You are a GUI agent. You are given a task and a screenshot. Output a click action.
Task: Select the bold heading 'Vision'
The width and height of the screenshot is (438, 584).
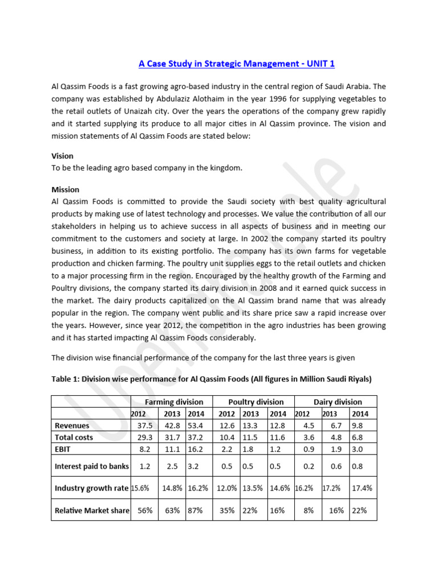tap(62, 156)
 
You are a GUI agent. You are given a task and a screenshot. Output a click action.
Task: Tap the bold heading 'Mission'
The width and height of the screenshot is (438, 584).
tap(66, 189)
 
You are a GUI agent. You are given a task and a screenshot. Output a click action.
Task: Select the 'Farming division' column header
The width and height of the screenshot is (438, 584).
tap(171, 401)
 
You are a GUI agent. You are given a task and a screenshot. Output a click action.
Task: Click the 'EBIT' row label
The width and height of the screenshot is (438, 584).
tap(64, 449)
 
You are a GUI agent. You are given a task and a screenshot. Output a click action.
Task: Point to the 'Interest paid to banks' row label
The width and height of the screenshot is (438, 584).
tap(91, 466)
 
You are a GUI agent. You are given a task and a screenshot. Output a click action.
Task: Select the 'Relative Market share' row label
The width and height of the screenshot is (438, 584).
tap(91, 510)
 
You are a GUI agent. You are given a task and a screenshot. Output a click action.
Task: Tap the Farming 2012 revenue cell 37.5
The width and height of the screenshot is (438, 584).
tap(145, 425)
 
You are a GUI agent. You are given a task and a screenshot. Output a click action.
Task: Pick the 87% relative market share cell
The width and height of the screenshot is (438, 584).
tap(196, 510)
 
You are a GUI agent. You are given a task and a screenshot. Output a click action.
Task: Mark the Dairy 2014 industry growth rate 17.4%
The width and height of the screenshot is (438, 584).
tap(362, 488)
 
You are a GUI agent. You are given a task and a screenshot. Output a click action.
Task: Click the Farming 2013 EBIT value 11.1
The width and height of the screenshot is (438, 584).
tap(172, 449)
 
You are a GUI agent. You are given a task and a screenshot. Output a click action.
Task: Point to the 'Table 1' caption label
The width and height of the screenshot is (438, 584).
tap(65, 378)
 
